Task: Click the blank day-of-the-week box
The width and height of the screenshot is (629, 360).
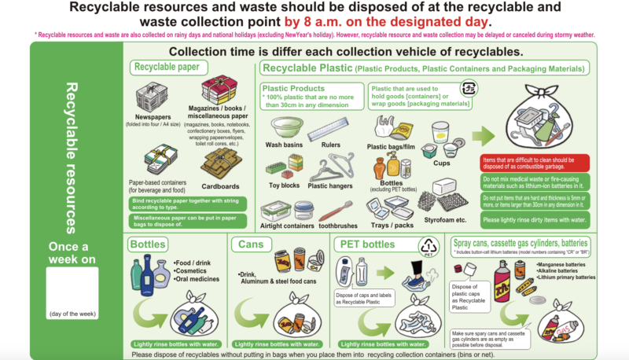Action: [72, 292]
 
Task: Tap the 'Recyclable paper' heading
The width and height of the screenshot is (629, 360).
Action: [166, 68]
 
